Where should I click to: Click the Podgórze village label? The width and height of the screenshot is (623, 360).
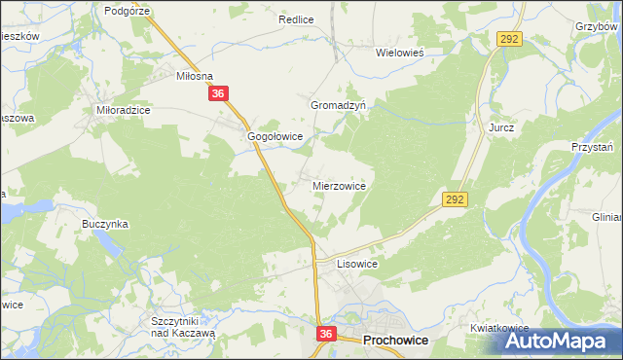[127, 10]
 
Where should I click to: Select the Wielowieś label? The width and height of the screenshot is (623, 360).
[402, 54]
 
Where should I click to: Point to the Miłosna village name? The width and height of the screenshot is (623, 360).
[194, 75]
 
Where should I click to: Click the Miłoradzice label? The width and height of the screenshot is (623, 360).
[123, 111]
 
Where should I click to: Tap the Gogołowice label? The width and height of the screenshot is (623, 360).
[275, 137]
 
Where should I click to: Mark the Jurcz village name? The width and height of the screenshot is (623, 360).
[501, 127]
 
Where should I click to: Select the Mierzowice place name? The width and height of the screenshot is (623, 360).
[339, 185]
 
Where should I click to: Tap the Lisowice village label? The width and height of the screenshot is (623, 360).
[356, 264]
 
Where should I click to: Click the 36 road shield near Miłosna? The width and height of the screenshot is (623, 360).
[218, 94]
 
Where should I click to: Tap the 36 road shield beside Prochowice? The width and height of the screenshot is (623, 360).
[326, 334]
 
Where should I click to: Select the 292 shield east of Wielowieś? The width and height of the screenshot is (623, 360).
[510, 38]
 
